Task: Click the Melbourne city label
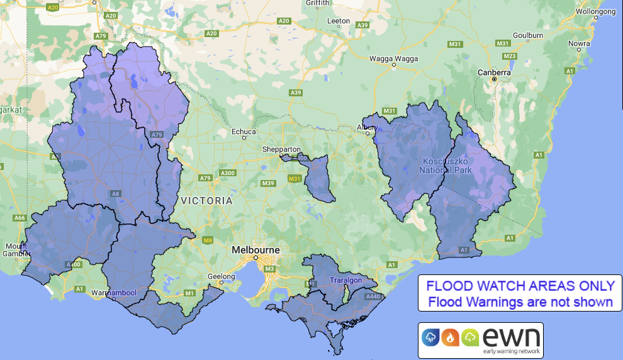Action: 255,249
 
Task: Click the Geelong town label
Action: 222,276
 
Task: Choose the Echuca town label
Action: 244,132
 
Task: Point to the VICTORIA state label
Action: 206,201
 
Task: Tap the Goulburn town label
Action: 527,35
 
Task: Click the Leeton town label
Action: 338,21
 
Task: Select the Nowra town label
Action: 579,43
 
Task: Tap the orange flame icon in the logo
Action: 449,337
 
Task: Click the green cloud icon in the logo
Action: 469,337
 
